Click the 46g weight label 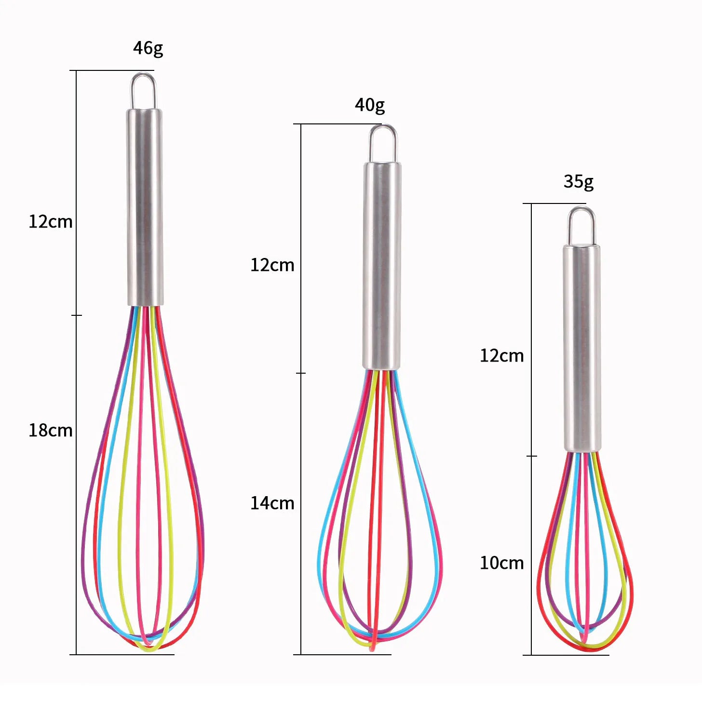tap(148, 48)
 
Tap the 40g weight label tap(369, 105)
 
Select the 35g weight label tap(579, 181)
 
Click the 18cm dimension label tap(51, 431)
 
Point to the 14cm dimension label tap(272, 503)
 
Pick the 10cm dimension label tap(501, 563)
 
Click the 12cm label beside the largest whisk tap(51, 221)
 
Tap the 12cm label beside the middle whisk tap(272, 265)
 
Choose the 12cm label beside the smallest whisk tap(501, 355)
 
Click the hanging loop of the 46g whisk tap(144, 74)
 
